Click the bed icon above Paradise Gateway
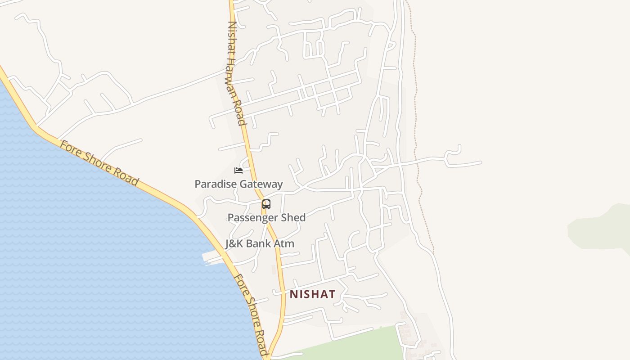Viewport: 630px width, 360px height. coord(238,170)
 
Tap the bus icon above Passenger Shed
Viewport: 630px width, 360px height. coord(266,204)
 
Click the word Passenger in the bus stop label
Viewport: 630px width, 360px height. coord(252,218)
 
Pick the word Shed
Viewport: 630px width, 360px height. coord(293,218)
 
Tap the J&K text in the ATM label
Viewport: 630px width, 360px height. coord(234,244)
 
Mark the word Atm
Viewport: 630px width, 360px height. coord(285,244)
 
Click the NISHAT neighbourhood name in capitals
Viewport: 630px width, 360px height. coord(312,294)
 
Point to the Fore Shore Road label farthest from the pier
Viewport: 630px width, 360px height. coord(99,163)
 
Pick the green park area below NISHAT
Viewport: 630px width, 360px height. coord(351,344)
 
